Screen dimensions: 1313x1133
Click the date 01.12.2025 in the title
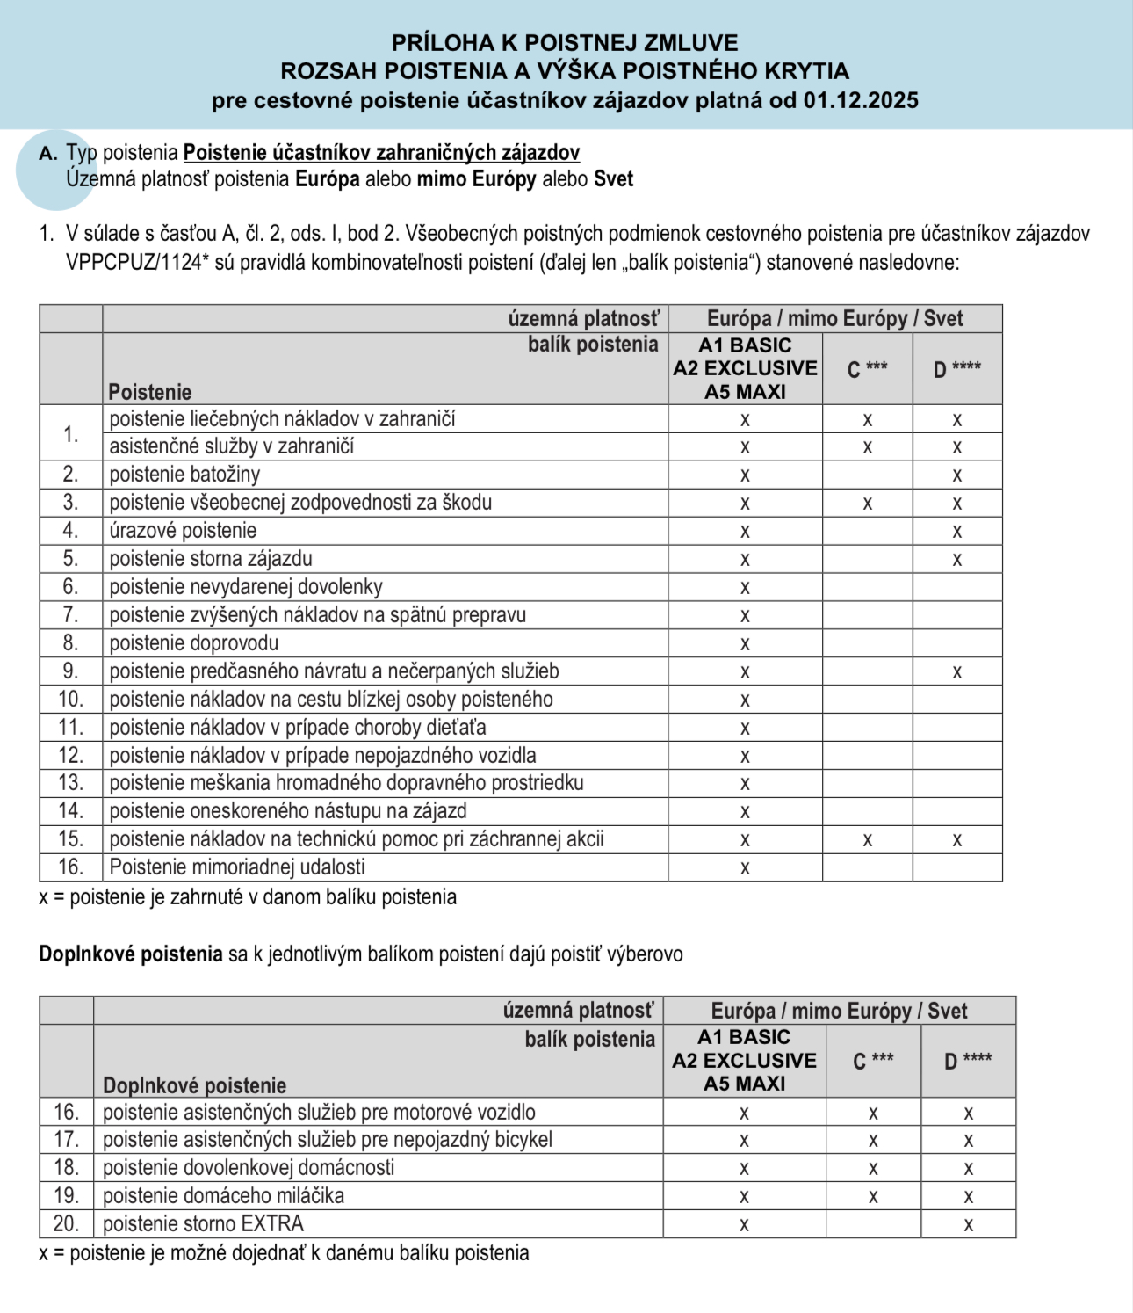(x=861, y=100)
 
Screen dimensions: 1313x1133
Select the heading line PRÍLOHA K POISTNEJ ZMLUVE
(x=565, y=42)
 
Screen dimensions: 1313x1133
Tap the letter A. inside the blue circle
(x=48, y=154)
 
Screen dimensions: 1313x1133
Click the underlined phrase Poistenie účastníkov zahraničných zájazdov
(x=381, y=153)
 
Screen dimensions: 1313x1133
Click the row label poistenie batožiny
(x=184, y=475)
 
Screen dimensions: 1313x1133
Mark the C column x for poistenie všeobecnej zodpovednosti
(x=867, y=504)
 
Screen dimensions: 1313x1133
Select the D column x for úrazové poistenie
(x=957, y=532)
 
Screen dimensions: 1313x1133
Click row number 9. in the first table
(x=70, y=671)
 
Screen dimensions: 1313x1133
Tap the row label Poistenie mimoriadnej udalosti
(x=236, y=867)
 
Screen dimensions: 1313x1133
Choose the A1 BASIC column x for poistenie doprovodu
(x=745, y=644)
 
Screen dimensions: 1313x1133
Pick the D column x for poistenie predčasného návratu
(x=957, y=672)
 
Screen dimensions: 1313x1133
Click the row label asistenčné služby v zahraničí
(x=231, y=446)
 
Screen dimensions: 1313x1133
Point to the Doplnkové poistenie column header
(x=194, y=1084)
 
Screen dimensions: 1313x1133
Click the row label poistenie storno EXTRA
(x=203, y=1223)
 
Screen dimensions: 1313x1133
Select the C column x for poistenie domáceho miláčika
(x=873, y=1196)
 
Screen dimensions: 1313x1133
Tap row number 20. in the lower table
(x=66, y=1223)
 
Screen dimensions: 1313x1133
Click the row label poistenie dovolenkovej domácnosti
(x=249, y=1167)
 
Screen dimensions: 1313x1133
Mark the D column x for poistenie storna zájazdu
(x=957, y=560)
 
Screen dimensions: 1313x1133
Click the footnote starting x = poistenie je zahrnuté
(x=248, y=897)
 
